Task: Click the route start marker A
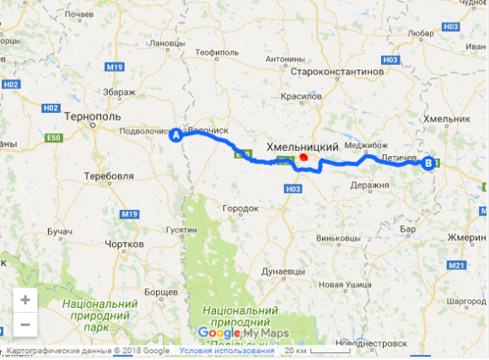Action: tap(176, 135)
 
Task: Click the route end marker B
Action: tap(428, 164)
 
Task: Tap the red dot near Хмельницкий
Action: tap(303, 157)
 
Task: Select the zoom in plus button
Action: tap(24, 299)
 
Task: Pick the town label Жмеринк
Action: tap(468, 238)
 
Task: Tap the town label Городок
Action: tap(239, 207)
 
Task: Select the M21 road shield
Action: tap(457, 266)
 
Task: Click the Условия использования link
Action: tap(227, 351)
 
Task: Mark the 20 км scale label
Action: tap(295, 351)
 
